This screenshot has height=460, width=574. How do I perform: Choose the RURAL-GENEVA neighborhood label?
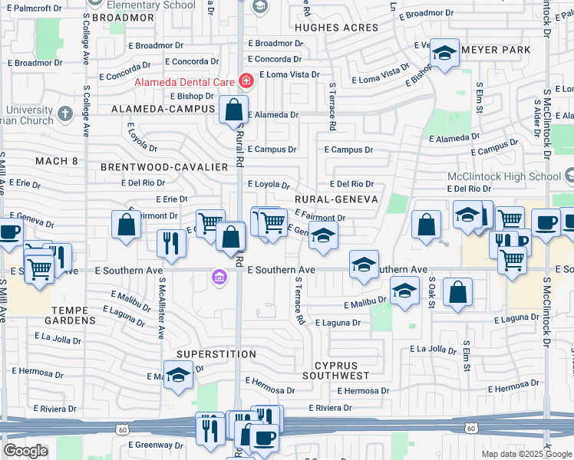pyautogui.click(x=336, y=199)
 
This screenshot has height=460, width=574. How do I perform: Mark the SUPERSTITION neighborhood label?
pyautogui.click(x=216, y=354)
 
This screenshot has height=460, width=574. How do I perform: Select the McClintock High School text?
pyautogui.click(x=504, y=176)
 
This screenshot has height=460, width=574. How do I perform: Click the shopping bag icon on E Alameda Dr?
pyautogui.click(x=233, y=110)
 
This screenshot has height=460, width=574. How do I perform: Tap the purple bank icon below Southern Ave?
pyautogui.click(x=219, y=277)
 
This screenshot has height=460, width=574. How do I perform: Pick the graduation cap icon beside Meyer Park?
pyautogui.click(x=444, y=53)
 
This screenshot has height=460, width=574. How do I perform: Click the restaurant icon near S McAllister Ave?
pyautogui.click(x=171, y=242)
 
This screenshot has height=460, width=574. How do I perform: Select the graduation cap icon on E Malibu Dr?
pyautogui.click(x=404, y=291)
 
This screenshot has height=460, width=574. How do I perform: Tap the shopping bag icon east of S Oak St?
pyautogui.click(x=457, y=292)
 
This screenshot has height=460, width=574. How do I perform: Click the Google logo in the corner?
pyautogui.click(x=25, y=450)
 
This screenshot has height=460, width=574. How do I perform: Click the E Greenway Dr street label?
pyautogui.click(x=156, y=445)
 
